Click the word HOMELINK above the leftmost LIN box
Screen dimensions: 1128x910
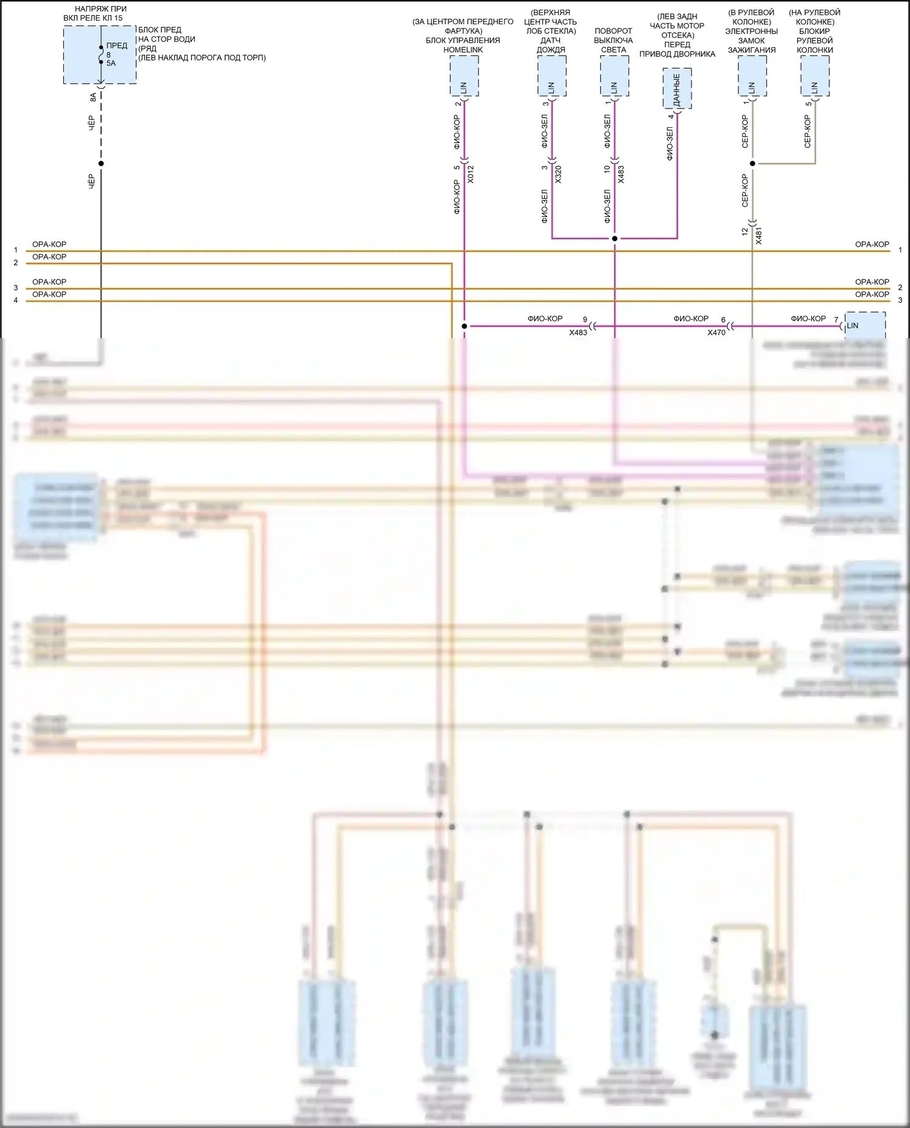point(463,50)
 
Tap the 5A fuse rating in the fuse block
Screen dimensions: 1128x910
point(111,63)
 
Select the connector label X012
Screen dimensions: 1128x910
point(470,174)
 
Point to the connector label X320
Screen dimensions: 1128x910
point(558,174)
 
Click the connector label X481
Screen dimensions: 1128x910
point(758,235)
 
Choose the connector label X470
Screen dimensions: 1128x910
point(716,332)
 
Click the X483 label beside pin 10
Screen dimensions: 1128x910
point(621,174)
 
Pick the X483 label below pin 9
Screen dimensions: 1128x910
point(578,332)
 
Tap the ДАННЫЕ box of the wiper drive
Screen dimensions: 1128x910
point(677,89)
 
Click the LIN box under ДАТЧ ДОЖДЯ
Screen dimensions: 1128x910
point(551,77)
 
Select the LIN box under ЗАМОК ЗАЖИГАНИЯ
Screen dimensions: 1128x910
point(752,77)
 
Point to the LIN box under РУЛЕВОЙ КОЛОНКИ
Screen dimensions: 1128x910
point(815,77)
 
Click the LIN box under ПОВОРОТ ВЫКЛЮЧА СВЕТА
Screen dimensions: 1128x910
point(614,77)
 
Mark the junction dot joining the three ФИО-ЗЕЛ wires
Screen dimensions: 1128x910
point(615,239)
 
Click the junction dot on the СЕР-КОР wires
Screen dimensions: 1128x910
point(752,164)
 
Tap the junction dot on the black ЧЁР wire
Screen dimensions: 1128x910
point(101,164)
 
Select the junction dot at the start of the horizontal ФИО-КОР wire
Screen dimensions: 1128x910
point(465,326)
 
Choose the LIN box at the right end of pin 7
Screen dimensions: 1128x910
point(864,325)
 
